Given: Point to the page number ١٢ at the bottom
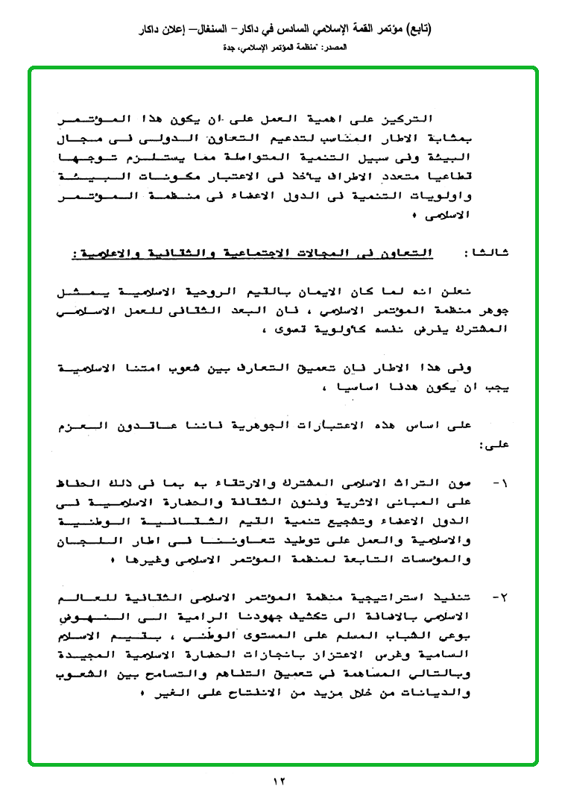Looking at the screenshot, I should (x=279, y=781).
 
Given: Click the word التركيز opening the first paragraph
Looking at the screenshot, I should (x=412, y=119).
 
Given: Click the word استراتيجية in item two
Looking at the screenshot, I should (x=403, y=598).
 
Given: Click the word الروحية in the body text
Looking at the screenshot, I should (x=294, y=292).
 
